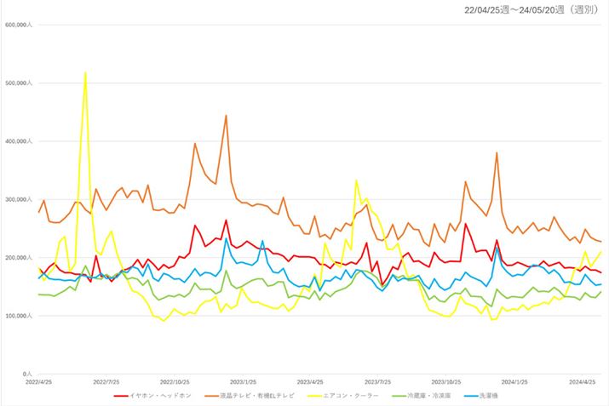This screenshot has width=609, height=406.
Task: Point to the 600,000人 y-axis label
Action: pos(18,26)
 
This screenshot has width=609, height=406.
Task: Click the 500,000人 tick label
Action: pos(18,83)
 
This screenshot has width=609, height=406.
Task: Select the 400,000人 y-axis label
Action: pos(18,141)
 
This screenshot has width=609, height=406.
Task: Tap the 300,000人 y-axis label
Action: pos(18,200)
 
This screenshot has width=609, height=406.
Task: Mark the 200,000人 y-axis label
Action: pos(18,258)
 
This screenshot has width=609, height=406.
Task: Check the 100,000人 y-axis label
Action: pos(18,316)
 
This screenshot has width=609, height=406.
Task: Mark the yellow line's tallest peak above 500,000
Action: pos(85,72)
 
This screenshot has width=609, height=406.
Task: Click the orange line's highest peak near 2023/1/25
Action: pos(226,116)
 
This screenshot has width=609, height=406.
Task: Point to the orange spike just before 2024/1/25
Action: pos(497,153)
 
